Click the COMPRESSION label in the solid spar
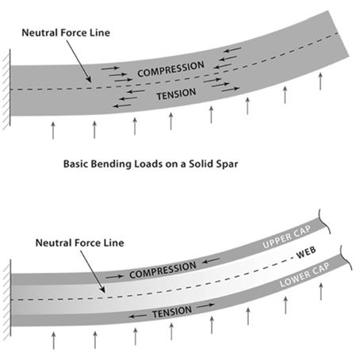tap(170, 69)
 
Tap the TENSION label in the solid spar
tap(176, 94)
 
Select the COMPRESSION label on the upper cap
tap(163, 270)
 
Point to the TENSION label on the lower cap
tap(172, 312)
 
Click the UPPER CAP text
tap(287, 237)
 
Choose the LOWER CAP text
tap(304, 275)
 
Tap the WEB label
tap(306, 253)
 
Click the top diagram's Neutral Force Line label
tap(66, 33)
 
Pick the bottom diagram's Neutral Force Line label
tap(80, 243)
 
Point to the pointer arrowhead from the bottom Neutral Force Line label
tap(103, 290)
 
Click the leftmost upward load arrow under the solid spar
tap(53, 130)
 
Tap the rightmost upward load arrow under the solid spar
tap(320, 82)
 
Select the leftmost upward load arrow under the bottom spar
tap(54, 340)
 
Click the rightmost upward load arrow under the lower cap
tap(321, 291)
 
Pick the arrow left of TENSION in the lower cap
tap(137, 316)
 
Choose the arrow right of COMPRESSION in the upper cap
tap(211, 261)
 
